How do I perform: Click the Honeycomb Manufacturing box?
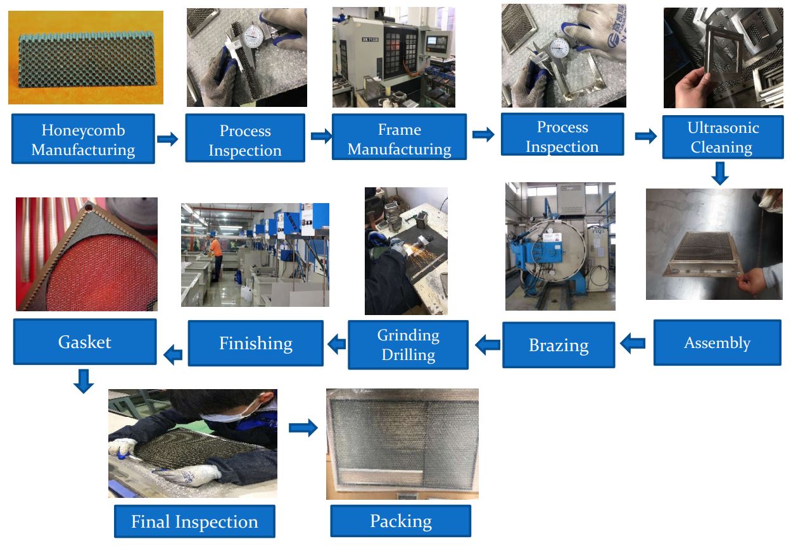(x=83, y=139)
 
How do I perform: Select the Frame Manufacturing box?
(x=399, y=139)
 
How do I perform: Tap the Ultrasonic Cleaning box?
(x=722, y=137)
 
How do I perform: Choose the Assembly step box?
(x=717, y=343)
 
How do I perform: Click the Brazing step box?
(x=559, y=345)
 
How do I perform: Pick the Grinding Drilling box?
(x=408, y=345)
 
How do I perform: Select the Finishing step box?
(x=255, y=343)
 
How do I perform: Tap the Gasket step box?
(x=85, y=342)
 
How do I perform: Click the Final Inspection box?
(x=194, y=521)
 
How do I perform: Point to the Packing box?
(x=400, y=521)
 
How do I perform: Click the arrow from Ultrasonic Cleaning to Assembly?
(x=719, y=173)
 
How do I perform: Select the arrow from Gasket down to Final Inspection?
(x=84, y=381)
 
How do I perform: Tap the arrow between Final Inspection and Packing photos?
(x=303, y=428)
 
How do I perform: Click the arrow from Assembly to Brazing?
(x=633, y=344)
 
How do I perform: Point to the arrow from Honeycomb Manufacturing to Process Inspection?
(x=168, y=139)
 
